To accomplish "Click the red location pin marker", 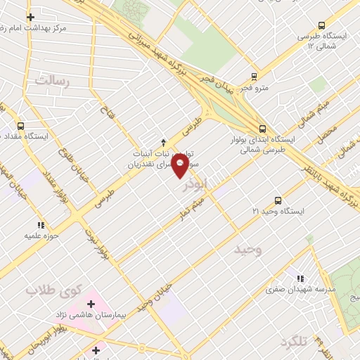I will tap(180, 165).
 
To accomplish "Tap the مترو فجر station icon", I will tap(254, 77).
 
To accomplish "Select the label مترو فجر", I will tap(254, 89).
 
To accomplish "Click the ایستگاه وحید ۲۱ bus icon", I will tap(278, 199).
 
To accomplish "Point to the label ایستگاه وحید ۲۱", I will tap(279, 212).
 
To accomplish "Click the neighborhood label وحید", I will tap(247, 250).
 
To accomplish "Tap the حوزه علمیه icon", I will tap(41, 225).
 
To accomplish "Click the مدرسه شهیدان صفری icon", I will tap(301, 278).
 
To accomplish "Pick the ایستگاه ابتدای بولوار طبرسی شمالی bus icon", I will tap(262, 128).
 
